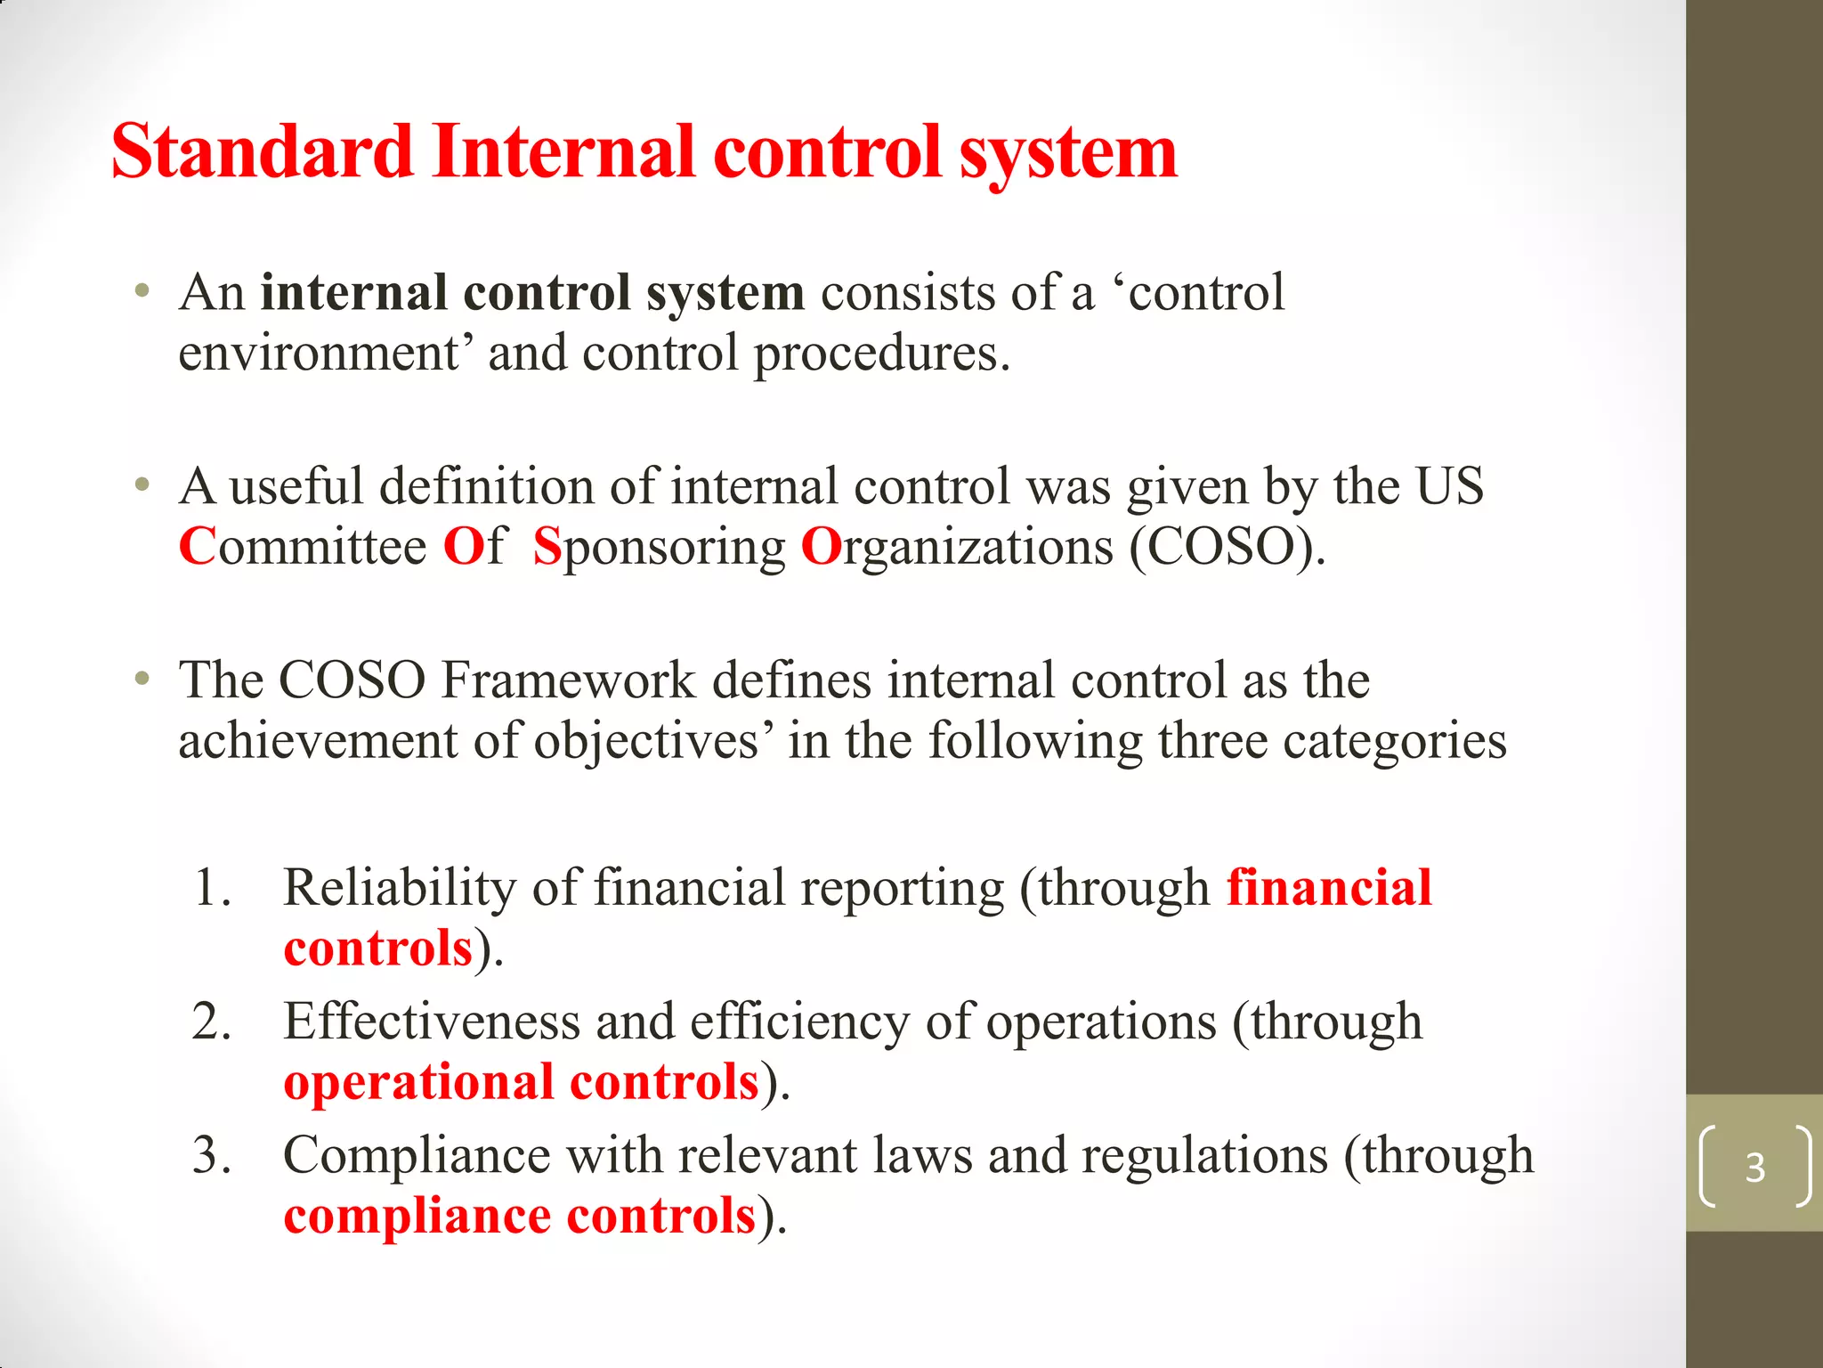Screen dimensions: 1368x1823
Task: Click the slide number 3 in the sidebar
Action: pos(1754,1167)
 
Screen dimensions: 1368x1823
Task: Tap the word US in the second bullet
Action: pos(1450,486)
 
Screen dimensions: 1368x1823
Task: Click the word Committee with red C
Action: pos(303,546)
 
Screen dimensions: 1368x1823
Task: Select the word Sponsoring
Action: pos(660,548)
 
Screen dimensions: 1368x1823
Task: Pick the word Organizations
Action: pos(957,548)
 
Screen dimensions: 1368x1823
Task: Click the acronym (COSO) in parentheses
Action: pos(1227,547)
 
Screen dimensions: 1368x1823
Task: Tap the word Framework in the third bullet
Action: pos(567,680)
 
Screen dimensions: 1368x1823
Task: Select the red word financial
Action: pos(1329,888)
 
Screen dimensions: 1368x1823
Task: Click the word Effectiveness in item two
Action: pos(431,1022)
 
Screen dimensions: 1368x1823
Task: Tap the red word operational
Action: pos(418,1083)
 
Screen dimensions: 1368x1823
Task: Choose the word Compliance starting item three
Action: pos(417,1156)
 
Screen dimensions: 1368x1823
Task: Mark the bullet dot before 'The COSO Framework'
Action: pos(142,680)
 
